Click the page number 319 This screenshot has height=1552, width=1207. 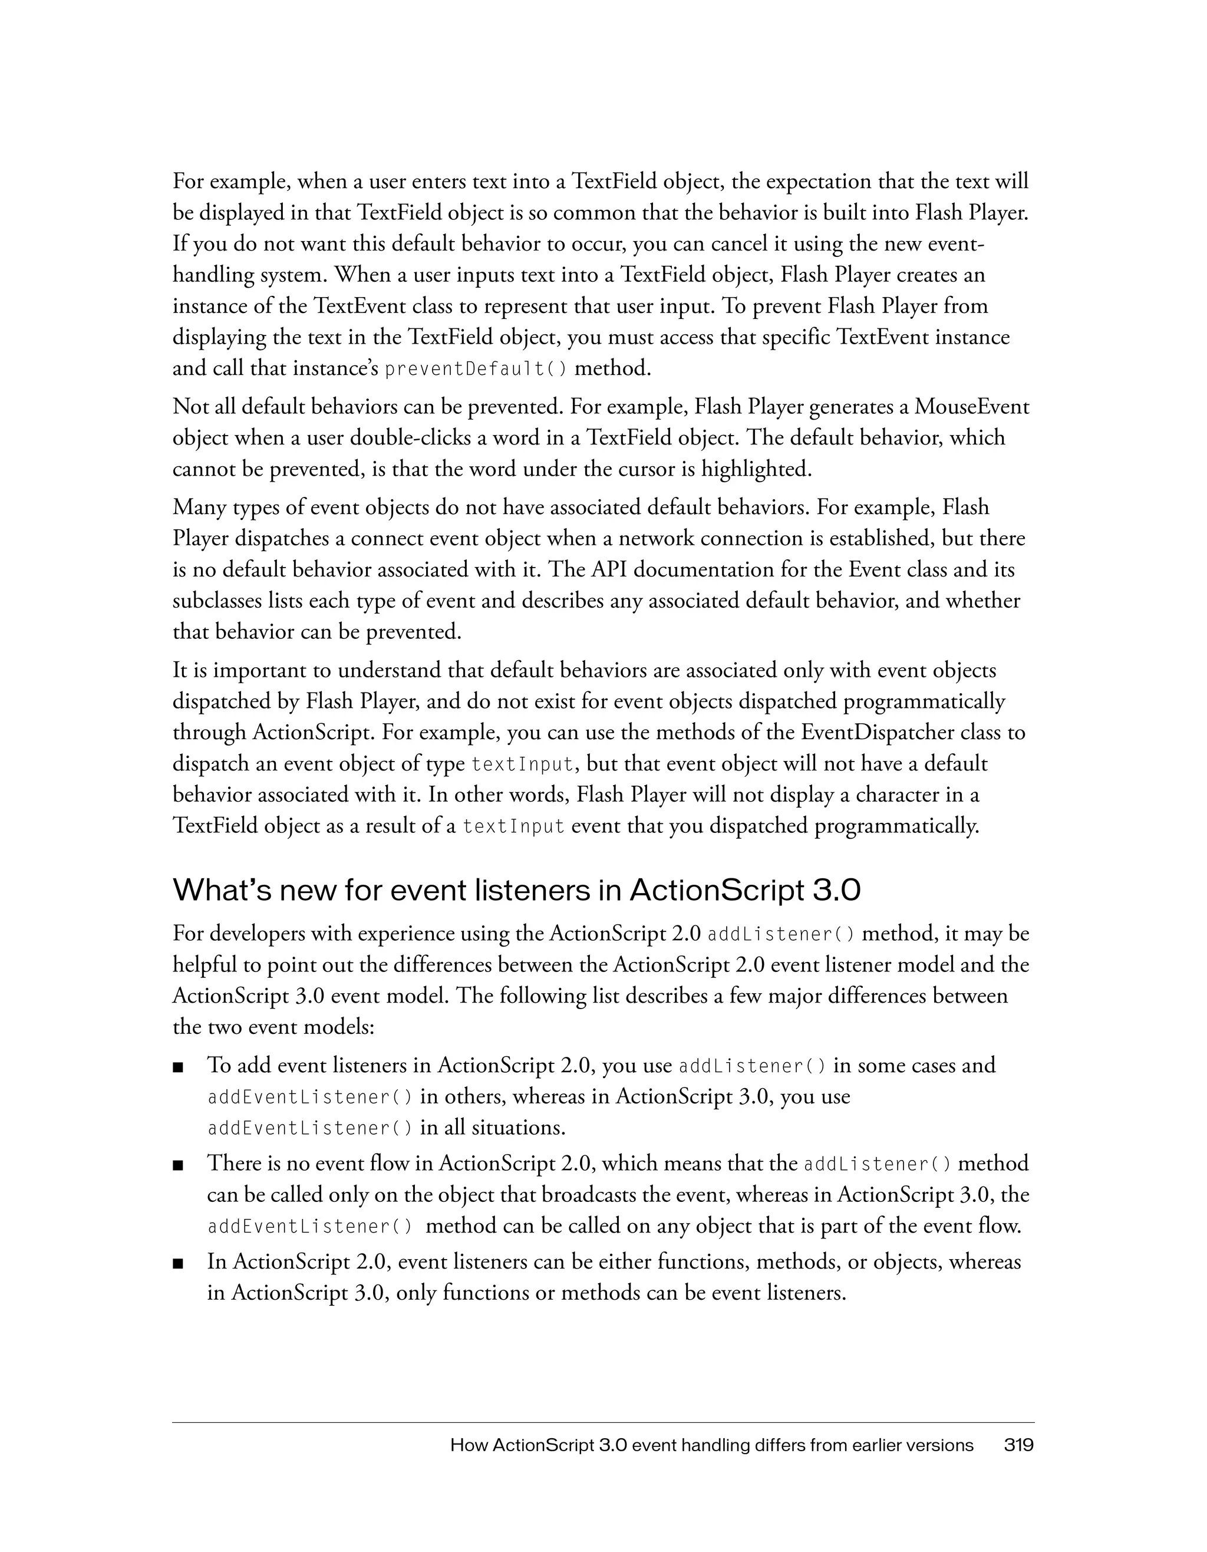tap(1019, 1445)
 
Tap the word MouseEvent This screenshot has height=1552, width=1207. tap(972, 407)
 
